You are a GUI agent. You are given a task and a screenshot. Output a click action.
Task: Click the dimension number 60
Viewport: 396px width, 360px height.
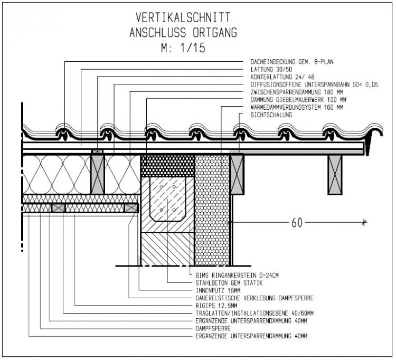coord(297,223)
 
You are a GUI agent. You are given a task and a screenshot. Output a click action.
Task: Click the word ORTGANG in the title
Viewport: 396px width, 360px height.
coord(212,32)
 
